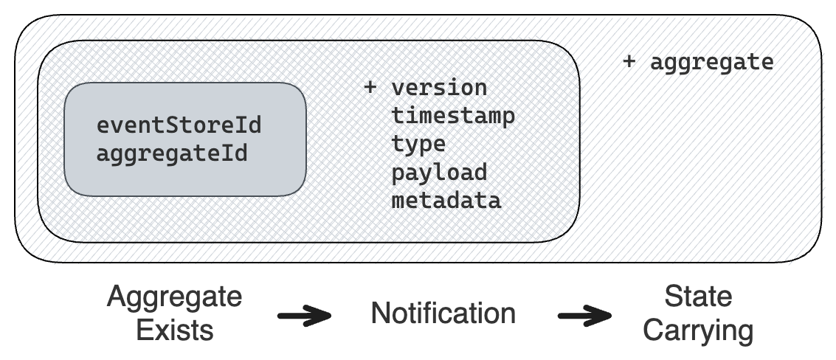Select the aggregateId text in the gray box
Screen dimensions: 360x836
[171, 154]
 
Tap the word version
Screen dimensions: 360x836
[439, 88]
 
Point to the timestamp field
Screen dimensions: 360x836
[453, 116]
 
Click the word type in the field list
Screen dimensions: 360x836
[418, 144]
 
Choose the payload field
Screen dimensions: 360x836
[439, 172]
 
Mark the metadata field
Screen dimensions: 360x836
[446, 200]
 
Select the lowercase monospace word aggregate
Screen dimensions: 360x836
[711, 63]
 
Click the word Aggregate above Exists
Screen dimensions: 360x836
[174, 298]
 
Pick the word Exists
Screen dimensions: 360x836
[174, 329]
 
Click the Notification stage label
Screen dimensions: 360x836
[443, 314]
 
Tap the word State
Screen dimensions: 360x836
[697, 297]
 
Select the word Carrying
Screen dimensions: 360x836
[697, 330]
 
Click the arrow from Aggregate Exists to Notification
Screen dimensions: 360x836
[303, 317]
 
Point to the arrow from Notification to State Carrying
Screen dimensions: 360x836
[584, 317]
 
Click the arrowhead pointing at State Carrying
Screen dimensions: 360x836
[601, 317]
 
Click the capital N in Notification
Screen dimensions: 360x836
[380, 314]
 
